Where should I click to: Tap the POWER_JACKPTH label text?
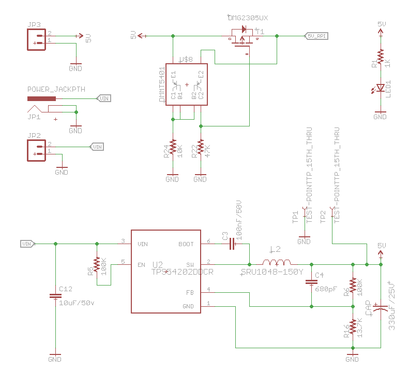point(56,90)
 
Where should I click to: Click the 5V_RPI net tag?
point(316,36)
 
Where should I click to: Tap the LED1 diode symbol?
point(381,87)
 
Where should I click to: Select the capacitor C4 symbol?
point(311,282)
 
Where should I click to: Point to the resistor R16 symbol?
point(353,328)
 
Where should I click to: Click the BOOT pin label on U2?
point(186,244)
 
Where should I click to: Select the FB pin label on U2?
point(190,292)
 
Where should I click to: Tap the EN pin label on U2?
point(141,265)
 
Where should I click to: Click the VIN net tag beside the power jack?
point(104,98)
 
